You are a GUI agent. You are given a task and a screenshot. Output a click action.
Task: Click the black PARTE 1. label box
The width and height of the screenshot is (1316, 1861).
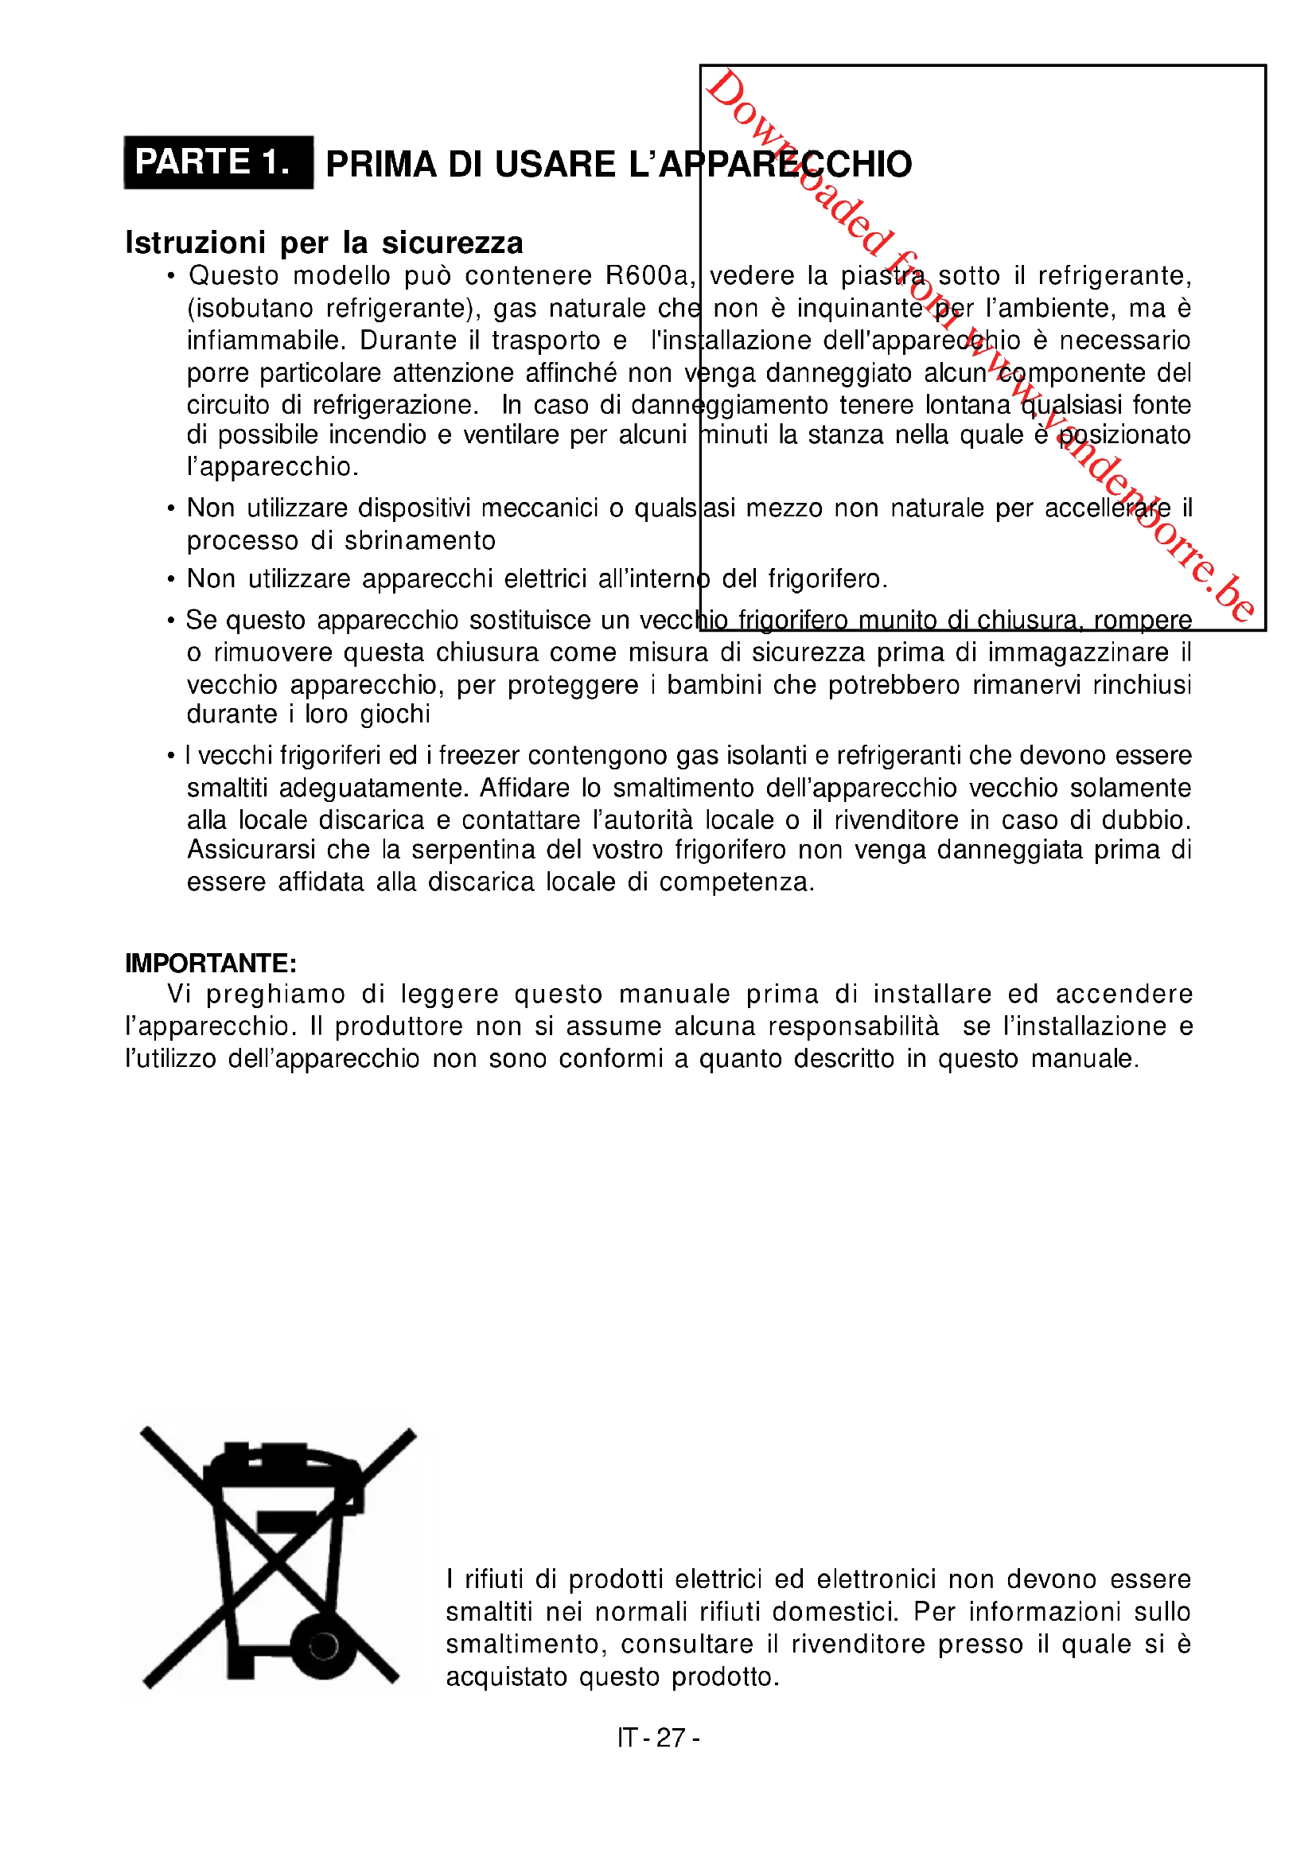218,162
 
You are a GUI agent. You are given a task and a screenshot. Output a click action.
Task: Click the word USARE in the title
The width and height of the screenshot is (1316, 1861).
555,165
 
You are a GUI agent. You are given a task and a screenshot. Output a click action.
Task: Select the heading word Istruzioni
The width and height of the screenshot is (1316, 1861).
195,243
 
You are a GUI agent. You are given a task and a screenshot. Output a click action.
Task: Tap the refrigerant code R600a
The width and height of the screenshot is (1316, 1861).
650,275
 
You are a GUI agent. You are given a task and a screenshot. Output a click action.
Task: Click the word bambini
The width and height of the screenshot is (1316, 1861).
714,685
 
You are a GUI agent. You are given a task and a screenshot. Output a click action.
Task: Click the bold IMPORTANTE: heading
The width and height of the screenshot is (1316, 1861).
211,963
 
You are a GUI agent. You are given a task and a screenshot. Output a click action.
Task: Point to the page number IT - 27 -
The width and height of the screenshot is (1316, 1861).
658,1738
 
